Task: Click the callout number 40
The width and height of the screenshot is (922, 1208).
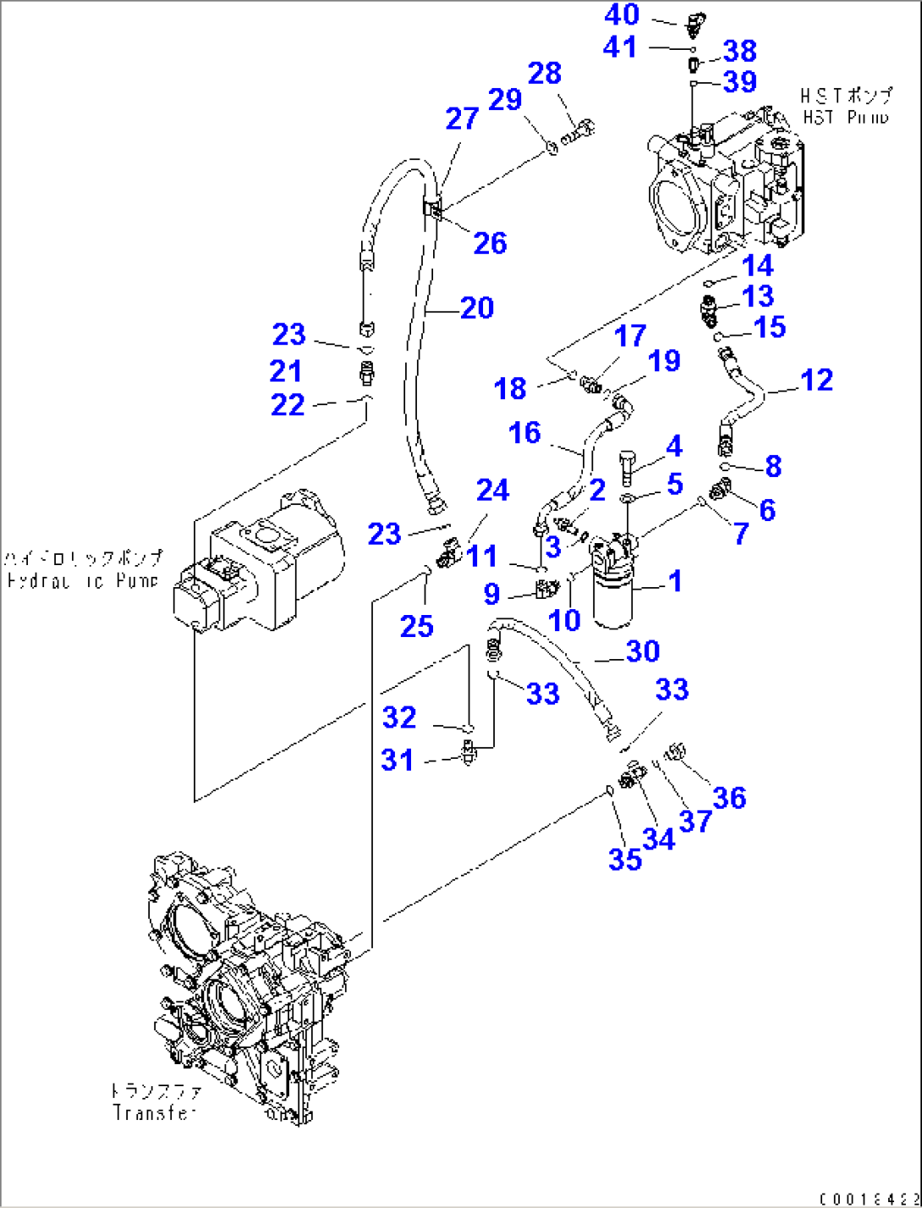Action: pyautogui.click(x=622, y=14)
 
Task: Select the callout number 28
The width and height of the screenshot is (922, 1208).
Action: pyautogui.click(x=544, y=74)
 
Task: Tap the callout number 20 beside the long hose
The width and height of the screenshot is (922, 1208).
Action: pyautogui.click(x=477, y=308)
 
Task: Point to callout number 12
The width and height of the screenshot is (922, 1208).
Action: pyautogui.click(x=816, y=380)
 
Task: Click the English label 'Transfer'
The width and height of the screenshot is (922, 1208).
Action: pyautogui.click(x=155, y=1113)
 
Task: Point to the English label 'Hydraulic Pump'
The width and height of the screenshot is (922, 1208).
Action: pyautogui.click(x=82, y=581)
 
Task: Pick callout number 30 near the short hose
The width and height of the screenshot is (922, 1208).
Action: pyautogui.click(x=642, y=651)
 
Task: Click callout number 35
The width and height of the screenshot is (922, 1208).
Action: pyautogui.click(x=625, y=859)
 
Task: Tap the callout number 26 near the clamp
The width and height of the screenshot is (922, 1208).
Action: pyautogui.click(x=490, y=244)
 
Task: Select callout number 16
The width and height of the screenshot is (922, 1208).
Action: pyautogui.click(x=524, y=433)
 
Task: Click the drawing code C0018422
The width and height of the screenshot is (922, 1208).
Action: pyautogui.click(x=868, y=1199)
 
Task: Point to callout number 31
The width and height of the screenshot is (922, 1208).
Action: pyautogui.click(x=398, y=760)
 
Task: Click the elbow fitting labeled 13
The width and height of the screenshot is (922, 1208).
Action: pyautogui.click(x=709, y=310)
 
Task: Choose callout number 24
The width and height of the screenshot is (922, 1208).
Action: pyautogui.click(x=492, y=491)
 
